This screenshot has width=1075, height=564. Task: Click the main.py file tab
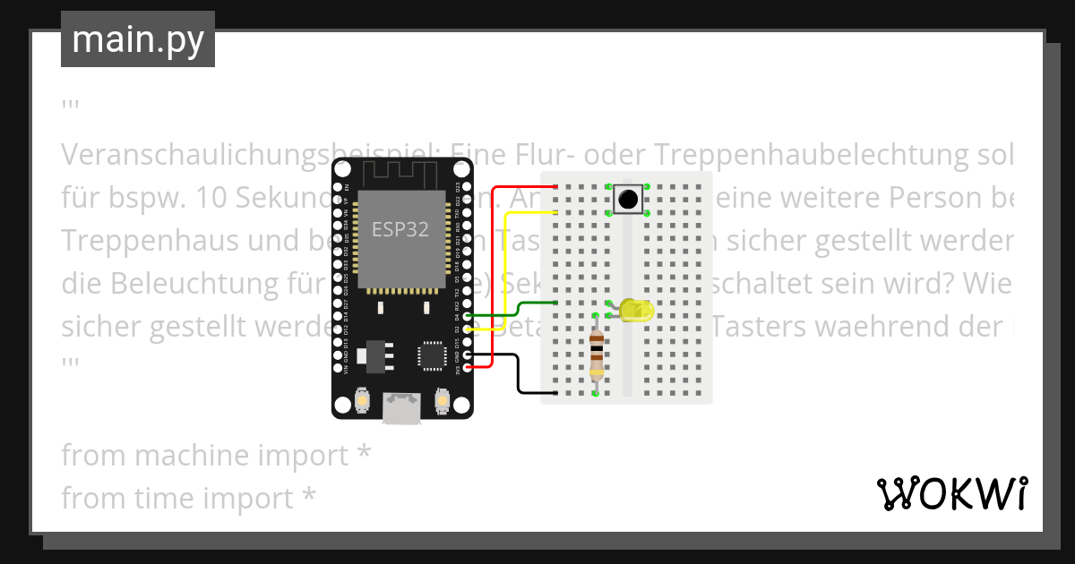pos(137,39)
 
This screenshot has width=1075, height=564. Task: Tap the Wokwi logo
pos(950,493)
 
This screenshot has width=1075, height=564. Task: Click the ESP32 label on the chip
pos(400,229)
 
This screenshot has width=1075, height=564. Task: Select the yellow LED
pos(636,311)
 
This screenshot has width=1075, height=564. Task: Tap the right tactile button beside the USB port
pos(441,400)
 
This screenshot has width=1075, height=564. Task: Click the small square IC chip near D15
pos(431,355)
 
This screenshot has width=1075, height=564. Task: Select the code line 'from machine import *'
pos(216,455)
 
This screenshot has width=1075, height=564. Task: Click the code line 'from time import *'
pos(188,497)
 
